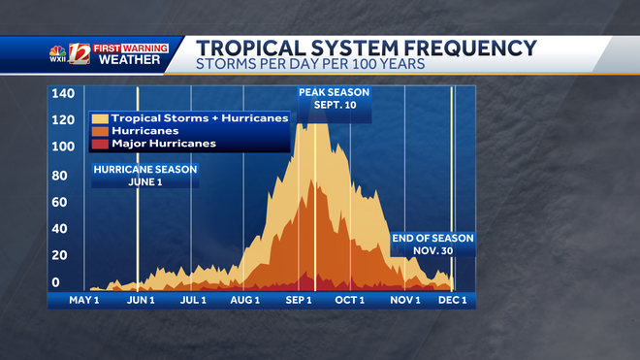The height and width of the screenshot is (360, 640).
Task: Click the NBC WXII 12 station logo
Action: [70, 55]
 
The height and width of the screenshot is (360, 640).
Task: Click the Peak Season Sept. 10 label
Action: [333, 99]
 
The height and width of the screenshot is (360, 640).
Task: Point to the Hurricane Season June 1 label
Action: [145, 175]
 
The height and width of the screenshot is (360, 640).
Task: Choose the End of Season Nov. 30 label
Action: [432, 244]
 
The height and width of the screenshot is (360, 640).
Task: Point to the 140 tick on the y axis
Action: [63, 93]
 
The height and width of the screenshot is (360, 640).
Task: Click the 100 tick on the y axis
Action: [63, 147]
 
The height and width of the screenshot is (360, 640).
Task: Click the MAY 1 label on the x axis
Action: [84, 300]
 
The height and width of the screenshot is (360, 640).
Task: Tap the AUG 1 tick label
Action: [244, 300]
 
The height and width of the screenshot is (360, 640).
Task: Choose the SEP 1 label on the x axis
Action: [298, 300]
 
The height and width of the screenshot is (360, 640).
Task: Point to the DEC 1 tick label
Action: [452, 300]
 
